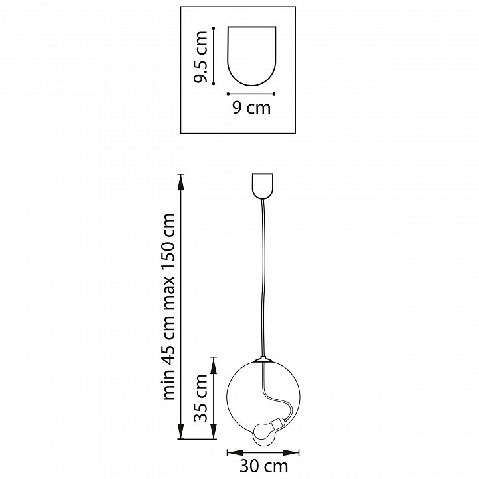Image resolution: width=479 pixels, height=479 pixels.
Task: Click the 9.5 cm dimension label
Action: [x=201, y=57]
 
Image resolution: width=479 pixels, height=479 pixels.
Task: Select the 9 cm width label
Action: [x=251, y=108]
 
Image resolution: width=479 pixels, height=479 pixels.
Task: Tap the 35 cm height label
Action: [x=201, y=397]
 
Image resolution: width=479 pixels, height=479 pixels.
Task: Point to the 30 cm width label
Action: [x=263, y=466]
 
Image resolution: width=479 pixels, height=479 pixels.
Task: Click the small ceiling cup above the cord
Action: [x=262, y=186]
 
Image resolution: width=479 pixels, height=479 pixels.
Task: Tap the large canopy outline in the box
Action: [x=251, y=56]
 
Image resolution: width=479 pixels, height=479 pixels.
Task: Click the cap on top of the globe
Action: [x=262, y=359]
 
